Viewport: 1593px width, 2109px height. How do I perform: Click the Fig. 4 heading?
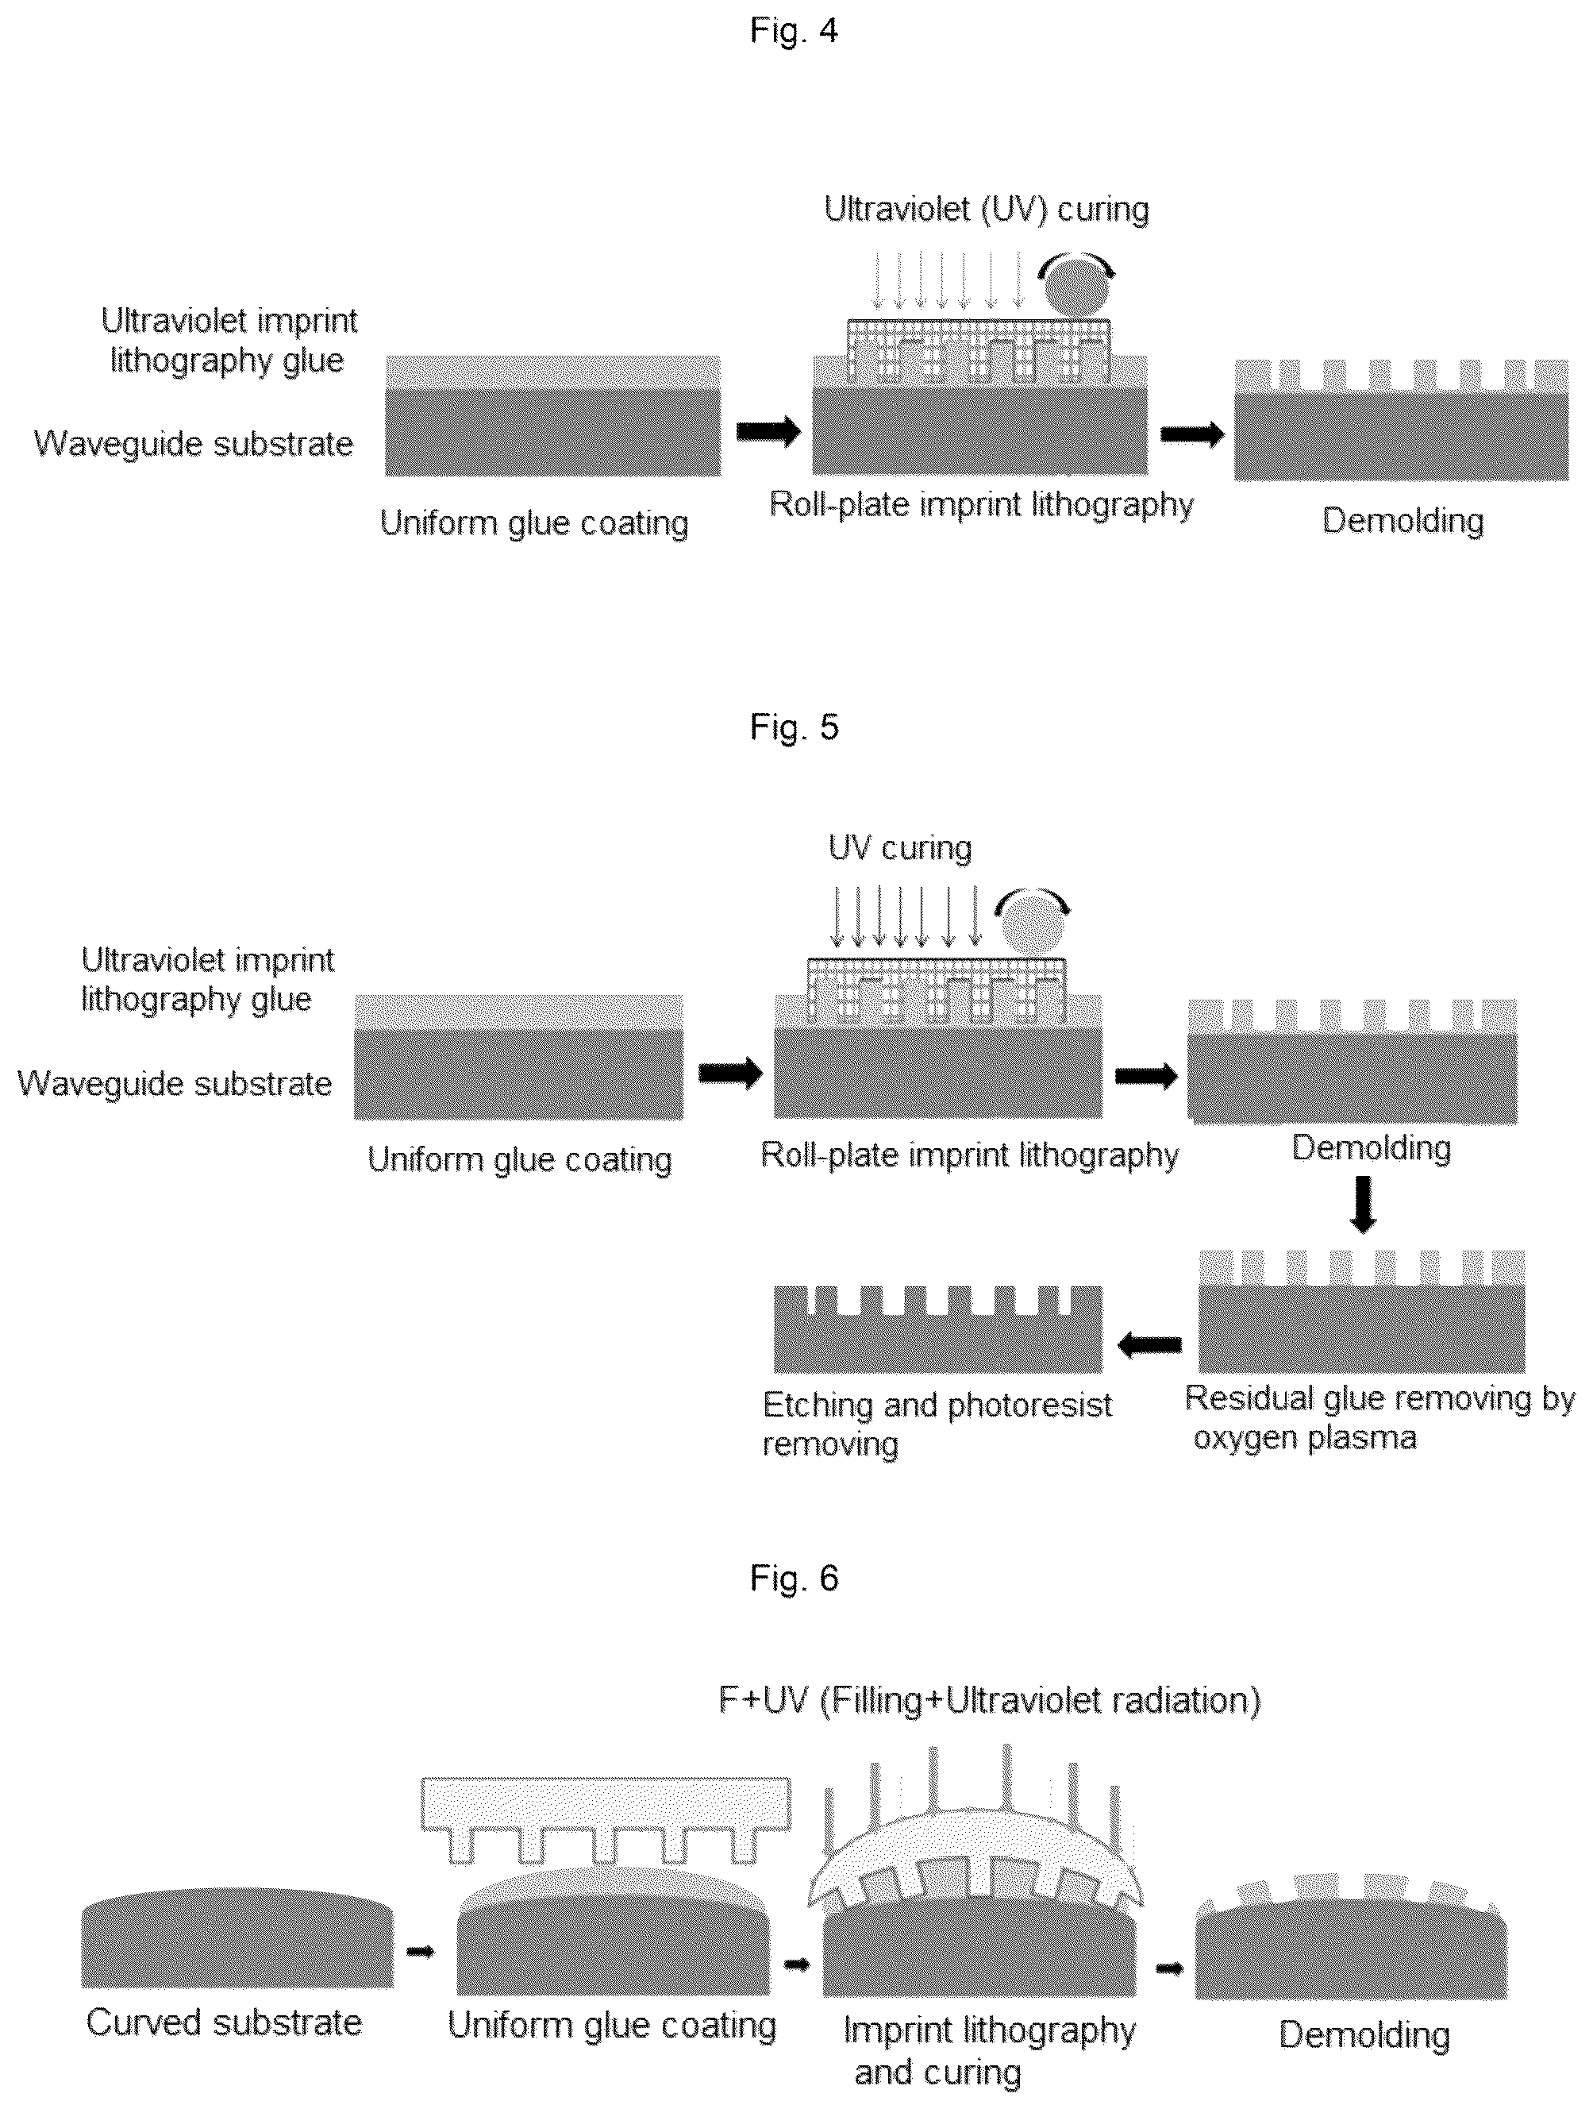(793, 30)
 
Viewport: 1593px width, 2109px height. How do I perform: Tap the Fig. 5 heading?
(793, 727)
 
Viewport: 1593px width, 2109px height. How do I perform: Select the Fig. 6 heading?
(793, 1578)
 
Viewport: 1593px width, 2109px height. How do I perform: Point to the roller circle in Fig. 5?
(1032, 925)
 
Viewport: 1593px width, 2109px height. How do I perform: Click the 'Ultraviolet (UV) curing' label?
(987, 210)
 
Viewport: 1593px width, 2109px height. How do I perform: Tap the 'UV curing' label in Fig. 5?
(900, 847)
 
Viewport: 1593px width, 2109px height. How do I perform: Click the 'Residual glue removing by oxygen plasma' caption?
(1379, 1417)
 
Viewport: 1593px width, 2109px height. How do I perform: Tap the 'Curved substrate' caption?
(224, 2022)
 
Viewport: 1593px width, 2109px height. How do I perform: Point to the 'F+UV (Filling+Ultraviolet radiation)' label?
(990, 1700)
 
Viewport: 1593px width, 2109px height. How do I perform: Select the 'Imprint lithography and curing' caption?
(989, 2051)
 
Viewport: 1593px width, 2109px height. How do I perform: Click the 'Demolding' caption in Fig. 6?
(1364, 2034)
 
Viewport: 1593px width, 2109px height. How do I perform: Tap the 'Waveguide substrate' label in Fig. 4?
(194, 443)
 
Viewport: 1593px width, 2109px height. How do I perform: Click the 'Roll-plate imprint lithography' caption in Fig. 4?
(981, 503)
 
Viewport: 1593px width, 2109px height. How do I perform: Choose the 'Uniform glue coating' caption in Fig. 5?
(520, 1159)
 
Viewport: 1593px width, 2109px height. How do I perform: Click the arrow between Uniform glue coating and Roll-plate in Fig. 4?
(768, 431)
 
